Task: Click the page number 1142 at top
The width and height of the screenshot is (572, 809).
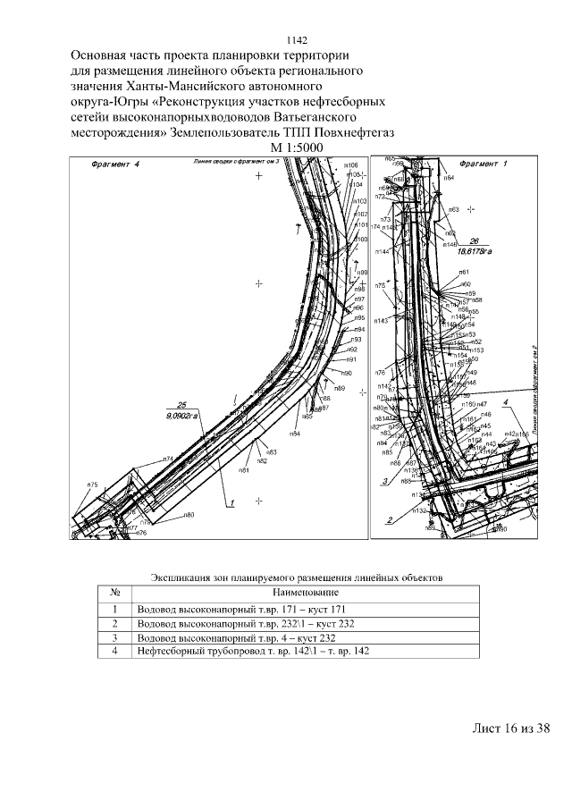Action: (296, 40)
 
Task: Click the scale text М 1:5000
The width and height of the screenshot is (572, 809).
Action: (296, 147)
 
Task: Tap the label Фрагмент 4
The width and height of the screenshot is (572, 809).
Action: (116, 164)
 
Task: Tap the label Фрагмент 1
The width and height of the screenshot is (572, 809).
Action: (482, 164)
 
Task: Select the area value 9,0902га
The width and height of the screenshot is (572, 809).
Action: (185, 415)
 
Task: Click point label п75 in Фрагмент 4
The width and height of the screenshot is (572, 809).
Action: (92, 485)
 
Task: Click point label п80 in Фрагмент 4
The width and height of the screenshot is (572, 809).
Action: (189, 515)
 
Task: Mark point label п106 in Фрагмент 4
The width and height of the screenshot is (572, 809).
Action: (351, 166)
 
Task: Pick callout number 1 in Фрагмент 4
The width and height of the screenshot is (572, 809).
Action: (231, 503)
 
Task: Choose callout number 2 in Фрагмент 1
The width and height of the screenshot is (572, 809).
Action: (390, 519)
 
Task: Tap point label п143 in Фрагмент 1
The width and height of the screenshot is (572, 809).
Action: (381, 320)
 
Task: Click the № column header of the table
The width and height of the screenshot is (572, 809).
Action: (114, 593)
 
